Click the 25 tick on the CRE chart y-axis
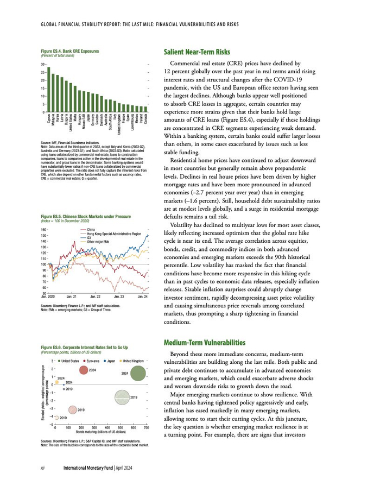pos(43,73)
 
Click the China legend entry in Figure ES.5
pos(91,230)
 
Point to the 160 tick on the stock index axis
pos(43,230)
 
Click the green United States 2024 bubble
pos(139,373)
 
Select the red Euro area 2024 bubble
pos(84,370)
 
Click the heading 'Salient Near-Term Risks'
pos(197,53)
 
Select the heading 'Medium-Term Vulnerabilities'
pos(204,343)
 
